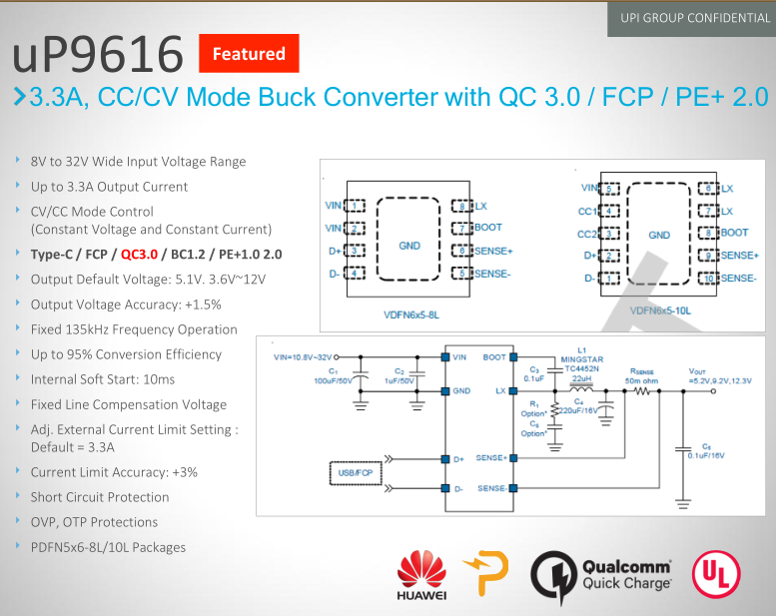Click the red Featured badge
(x=249, y=54)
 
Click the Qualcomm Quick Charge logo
(x=601, y=577)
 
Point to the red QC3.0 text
(x=139, y=254)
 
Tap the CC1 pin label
(x=587, y=211)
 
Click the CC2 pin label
(x=587, y=235)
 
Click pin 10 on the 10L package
(x=710, y=278)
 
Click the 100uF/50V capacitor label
(x=331, y=379)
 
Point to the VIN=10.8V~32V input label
(x=304, y=355)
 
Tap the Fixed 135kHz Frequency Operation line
(x=134, y=329)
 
